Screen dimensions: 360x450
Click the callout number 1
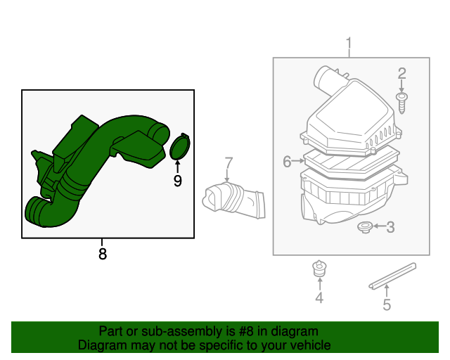(x=349, y=46)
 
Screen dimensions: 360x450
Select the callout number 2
(x=402, y=73)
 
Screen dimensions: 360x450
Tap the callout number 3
(x=391, y=226)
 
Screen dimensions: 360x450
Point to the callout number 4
(x=319, y=299)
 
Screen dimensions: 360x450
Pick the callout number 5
(x=386, y=304)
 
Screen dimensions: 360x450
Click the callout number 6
(x=287, y=162)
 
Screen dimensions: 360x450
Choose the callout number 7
(x=229, y=163)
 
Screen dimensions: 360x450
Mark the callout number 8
(x=103, y=254)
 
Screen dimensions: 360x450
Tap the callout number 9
(x=178, y=181)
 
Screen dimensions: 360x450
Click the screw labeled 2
(x=402, y=102)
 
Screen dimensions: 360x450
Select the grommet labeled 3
(x=364, y=227)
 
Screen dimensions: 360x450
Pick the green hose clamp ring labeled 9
(x=181, y=148)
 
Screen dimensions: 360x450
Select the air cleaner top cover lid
(x=348, y=120)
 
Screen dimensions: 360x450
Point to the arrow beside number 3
(x=378, y=226)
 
